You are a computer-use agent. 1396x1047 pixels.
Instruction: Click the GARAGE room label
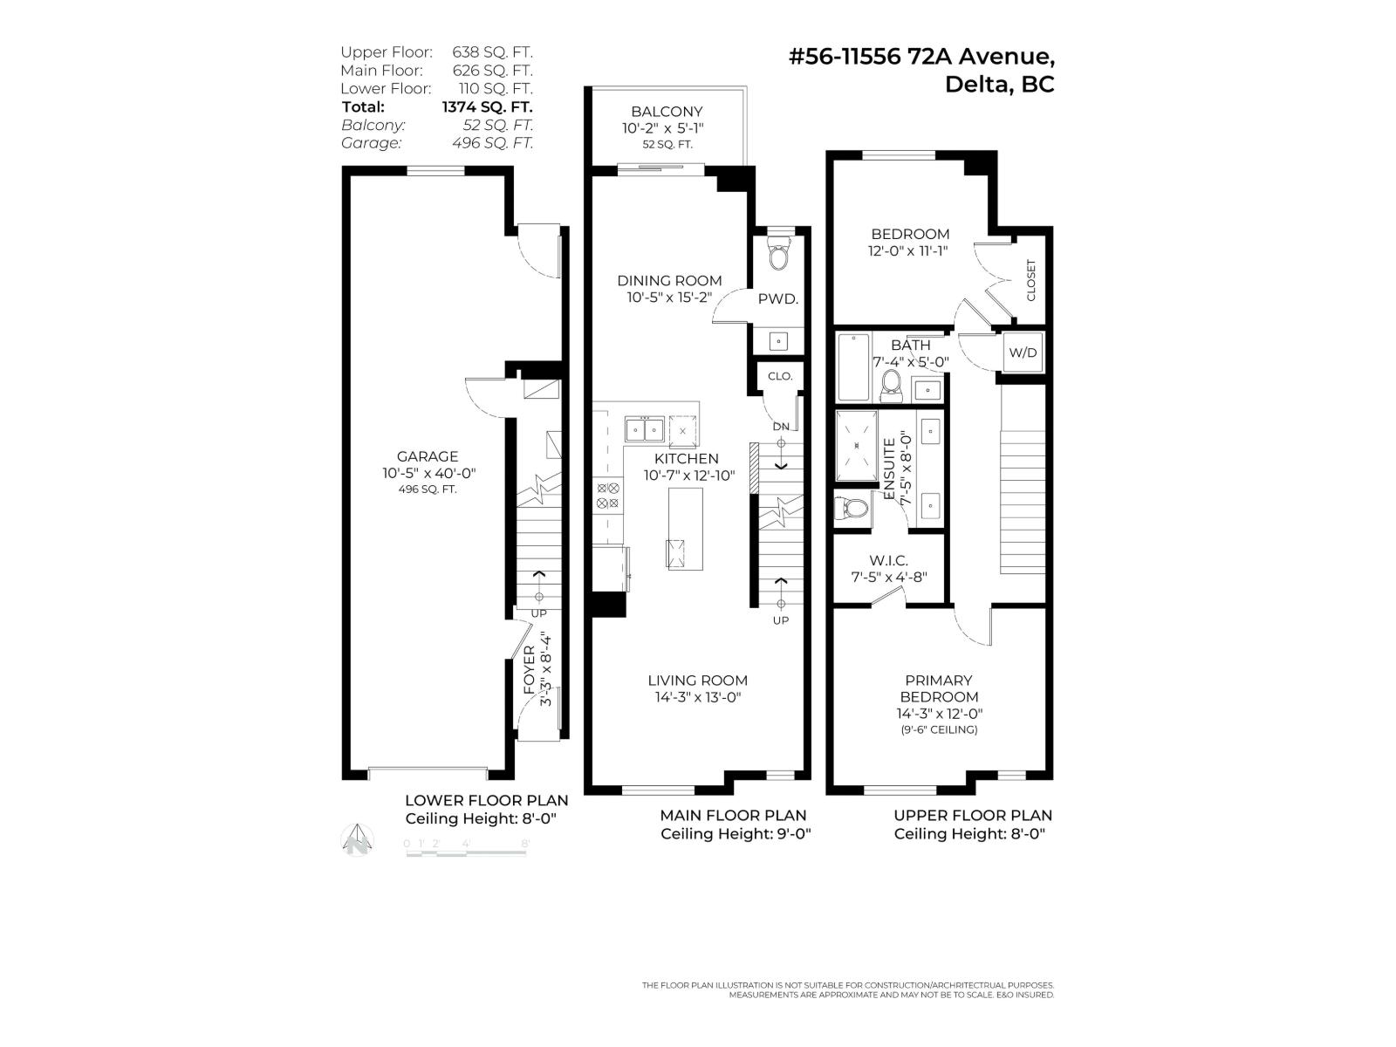pos(427,456)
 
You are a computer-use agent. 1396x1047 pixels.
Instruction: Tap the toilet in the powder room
pos(777,257)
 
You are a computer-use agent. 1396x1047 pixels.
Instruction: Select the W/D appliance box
pos(1023,352)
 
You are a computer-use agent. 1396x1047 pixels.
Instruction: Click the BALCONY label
pos(667,112)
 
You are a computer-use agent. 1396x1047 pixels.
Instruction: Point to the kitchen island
pos(685,529)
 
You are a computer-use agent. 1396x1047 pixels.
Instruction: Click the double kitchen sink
pos(645,429)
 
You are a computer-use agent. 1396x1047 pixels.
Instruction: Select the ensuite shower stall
pos(857,446)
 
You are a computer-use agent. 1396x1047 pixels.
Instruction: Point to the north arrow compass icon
pos(358,840)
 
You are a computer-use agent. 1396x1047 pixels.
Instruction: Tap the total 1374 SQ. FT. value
pos(487,106)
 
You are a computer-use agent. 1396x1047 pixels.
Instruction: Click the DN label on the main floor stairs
pos(781,427)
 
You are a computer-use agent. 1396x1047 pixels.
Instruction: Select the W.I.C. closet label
pos(888,560)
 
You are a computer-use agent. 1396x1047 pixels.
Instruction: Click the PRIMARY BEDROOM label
pos(938,688)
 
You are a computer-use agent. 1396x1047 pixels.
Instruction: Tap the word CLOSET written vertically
pos(1030,280)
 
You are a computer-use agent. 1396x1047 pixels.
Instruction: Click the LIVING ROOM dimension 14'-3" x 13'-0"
pos(697,697)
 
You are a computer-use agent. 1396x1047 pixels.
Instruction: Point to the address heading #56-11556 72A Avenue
pos(920,57)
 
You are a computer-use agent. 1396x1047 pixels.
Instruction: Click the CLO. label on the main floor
pos(780,376)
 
